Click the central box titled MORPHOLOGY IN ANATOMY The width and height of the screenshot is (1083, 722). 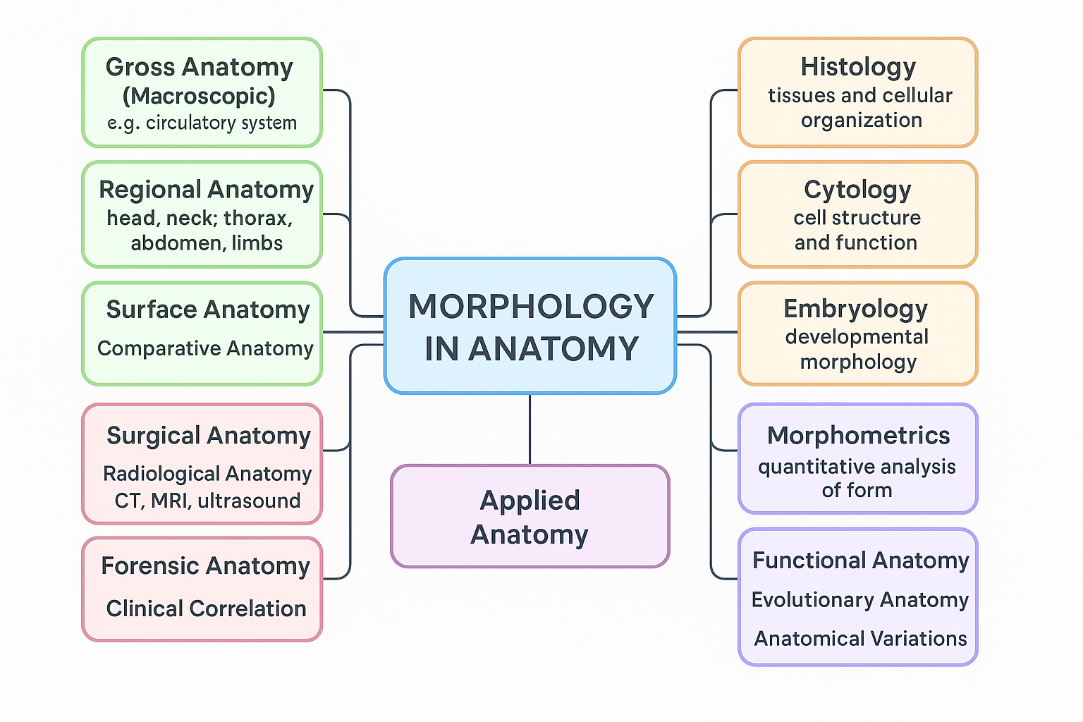pyautogui.click(x=530, y=326)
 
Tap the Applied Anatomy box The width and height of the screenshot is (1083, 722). pyautogui.click(x=530, y=517)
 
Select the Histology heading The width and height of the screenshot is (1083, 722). pyautogui.click(x=858, y=67)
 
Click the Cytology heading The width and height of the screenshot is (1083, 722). pyautogui.click(x=857, y=190)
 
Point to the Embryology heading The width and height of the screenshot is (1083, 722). pyautogui.click(x=856, y=309)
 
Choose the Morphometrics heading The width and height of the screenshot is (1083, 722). pyautogui.click(x=858, y=436)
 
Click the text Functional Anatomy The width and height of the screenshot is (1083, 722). pyautogui.click(x=860, y=561)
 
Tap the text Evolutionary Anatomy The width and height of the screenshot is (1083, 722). pyautogui.click(x=859, y=599)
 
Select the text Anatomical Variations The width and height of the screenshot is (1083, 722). pyautogui.click(x=860, y=639)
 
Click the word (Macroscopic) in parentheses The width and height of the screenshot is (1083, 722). pyautogui.click(x=199, y=96)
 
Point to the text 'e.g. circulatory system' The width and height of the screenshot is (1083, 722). pyautogui.click(x=202, y=123)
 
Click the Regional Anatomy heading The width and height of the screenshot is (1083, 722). pyautogui.click(x=206, y=190)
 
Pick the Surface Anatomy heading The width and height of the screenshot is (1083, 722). pyautogui.click(x=208, y=310)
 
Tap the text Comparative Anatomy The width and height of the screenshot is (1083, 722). pyautogui.click(x=205, y=348)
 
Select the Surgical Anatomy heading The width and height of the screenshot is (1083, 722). pyautogui.click(x=209, y=436)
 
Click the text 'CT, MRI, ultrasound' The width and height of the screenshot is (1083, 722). pyautogui.click(x=207, y=501)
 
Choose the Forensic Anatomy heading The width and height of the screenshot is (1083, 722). pyautogui.click(x=205, y=566)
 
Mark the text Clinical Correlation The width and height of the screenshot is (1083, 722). pyautogui.click(x=206, y=608)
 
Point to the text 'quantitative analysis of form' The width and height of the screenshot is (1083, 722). pyautogui.click(x=857, y=478)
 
